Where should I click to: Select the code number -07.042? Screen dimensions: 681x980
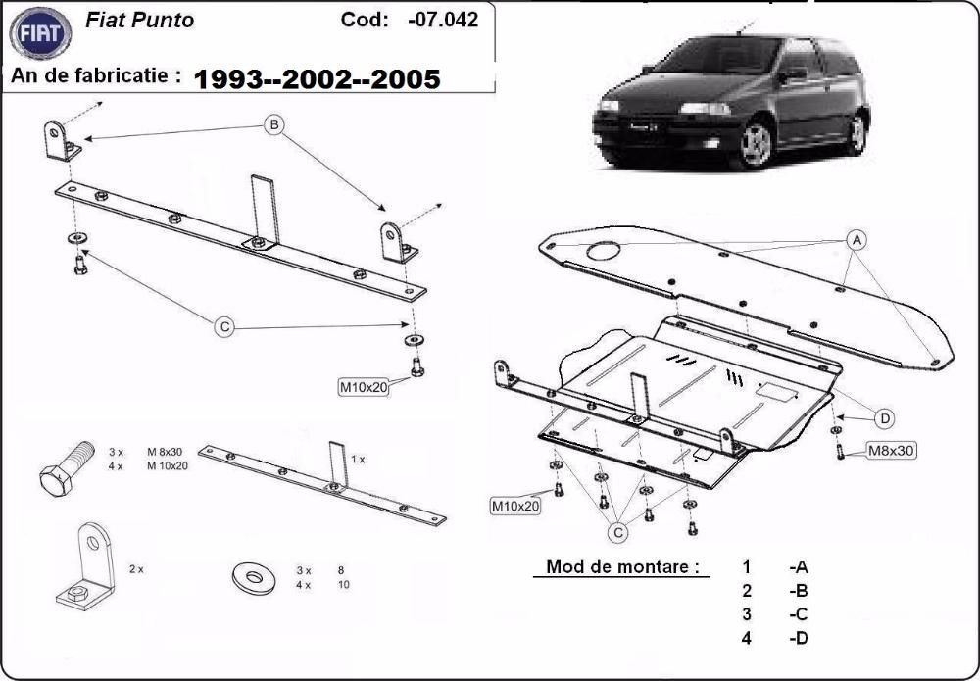[x=442, y=20]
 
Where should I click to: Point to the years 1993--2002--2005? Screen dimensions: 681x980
[x=318, y=79]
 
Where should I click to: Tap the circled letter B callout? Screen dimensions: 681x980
[x=274, y=124]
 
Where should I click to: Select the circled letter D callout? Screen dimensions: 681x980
[x=884, y=418]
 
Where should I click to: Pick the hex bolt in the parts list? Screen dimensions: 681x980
[x=67, y=467]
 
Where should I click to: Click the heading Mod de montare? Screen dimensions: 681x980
[x=622, y=566]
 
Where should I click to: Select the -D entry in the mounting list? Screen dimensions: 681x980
[x=798, y=638]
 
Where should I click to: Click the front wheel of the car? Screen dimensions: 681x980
[x=756, y=145]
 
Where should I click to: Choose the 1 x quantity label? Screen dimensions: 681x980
[x=358, y=459]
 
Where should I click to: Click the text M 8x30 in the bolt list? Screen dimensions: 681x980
[x=167, y=452]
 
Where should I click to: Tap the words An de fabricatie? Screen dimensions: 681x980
[x=95, y=74]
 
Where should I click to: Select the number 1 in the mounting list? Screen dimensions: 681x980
[x=746, y=566]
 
